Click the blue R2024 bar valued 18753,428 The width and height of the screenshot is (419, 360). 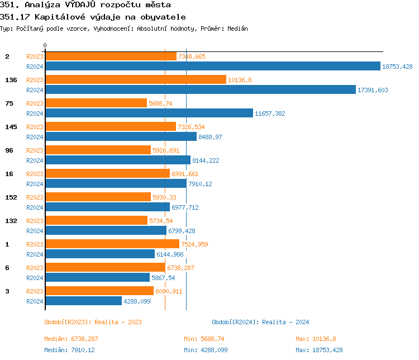click(x=212, y=67)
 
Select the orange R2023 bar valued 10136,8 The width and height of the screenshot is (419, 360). click(x=135, y=80)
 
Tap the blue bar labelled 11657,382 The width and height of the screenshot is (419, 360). click(x=149, y=113)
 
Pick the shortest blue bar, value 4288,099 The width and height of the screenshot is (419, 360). click(x=83, y=301)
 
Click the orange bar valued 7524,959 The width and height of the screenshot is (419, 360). click(x=112, y=244)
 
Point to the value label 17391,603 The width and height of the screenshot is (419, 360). click(x=373, y=90)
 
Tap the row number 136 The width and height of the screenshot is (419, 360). click(x=11, y=80)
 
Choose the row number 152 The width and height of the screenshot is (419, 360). click(x=11, y=197)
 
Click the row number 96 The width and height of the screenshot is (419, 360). click(x=9, y=150)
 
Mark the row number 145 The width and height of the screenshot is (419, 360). click(x=11, y=127)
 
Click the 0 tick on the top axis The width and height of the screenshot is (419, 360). click(x=45, y=45)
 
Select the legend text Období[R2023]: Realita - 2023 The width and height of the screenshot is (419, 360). click(x=93, y=322)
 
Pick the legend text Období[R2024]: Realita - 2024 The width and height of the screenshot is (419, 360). click(x=260, y=322)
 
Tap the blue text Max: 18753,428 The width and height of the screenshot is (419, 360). click(x=319, y=350)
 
